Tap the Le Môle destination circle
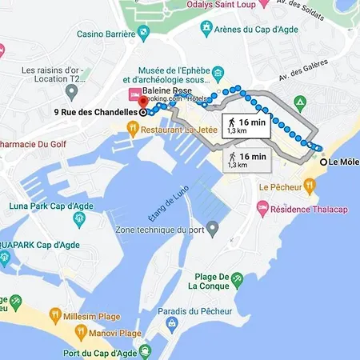324,162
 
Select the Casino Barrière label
106,34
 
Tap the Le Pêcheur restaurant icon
309,186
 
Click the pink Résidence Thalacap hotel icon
262,207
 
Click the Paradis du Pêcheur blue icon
172,323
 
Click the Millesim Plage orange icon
55,314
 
